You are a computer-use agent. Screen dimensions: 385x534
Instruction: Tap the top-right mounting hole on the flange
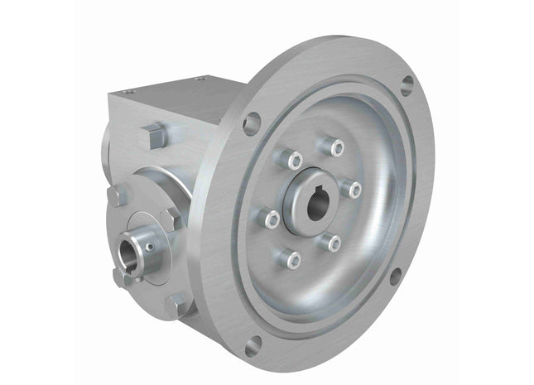tap(407, 84)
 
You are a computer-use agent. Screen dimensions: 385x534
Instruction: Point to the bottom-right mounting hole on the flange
tap(395, 276)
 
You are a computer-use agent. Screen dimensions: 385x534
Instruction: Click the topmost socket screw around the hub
tap(335, 148)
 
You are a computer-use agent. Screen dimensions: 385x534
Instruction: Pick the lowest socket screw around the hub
tap(292, 259)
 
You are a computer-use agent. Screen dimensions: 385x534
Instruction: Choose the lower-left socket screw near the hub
tap(269, 219)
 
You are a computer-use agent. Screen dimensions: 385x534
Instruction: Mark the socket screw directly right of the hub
tap(354, 190)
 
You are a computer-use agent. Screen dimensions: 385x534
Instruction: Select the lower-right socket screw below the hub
tap(334, 242)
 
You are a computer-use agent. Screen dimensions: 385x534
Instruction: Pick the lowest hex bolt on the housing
tap(177, 306)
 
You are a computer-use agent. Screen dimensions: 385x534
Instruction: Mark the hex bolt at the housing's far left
tap(118, 195)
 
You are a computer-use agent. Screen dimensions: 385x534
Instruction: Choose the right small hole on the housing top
tap(199, 79)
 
